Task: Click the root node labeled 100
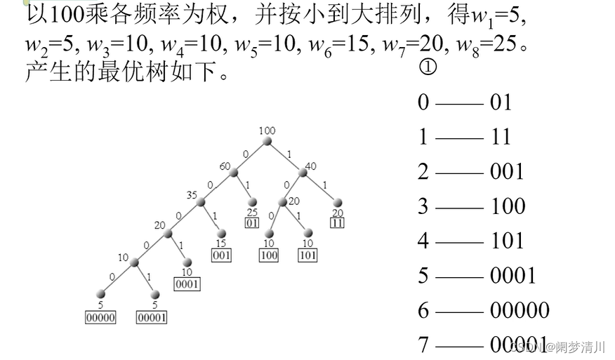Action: coord(267,142)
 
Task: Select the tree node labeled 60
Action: coord(234,173)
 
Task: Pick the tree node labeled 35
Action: coord(201,203)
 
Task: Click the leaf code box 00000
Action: coord(100,317)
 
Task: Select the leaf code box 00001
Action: coord(152,317)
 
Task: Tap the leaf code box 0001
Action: coord(187,284)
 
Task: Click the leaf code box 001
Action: coord(221,255)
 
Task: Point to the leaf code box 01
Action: coord(252,223)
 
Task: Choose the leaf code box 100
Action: coord(269,255)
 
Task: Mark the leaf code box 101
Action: coord(307,255)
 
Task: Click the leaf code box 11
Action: coord(338,223)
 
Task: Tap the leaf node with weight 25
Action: coord(252,203)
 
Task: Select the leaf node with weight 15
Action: coord(221,234)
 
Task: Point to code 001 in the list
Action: coord(507,171)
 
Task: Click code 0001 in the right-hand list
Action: coord(513,275)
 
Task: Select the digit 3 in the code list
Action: coord(423,206)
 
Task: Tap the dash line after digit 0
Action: coord(459,103)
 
